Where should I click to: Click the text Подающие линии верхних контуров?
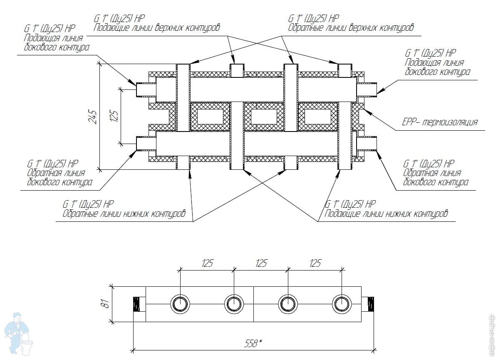[156, 28]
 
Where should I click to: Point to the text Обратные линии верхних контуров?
[351, 28]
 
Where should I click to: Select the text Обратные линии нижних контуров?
[124, 214]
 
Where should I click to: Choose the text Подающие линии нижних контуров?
[386, 214]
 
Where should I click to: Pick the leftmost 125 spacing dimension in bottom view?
[208, 263]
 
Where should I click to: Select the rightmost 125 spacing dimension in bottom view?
[315, 263]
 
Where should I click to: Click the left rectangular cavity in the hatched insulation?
[210, 117]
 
